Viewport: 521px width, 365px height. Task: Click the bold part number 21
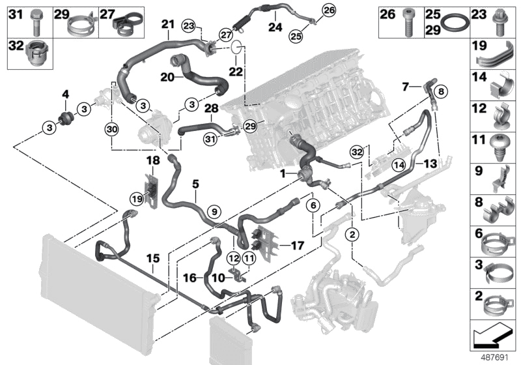168,25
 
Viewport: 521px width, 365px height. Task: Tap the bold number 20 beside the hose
168,76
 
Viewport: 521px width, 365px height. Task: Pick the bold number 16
190,278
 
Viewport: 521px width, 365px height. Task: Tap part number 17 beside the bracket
297,246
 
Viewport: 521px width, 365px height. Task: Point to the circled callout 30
113,130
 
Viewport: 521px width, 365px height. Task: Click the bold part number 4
65,96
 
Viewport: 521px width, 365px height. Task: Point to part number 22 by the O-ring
238,72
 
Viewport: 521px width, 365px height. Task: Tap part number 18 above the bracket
152,160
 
